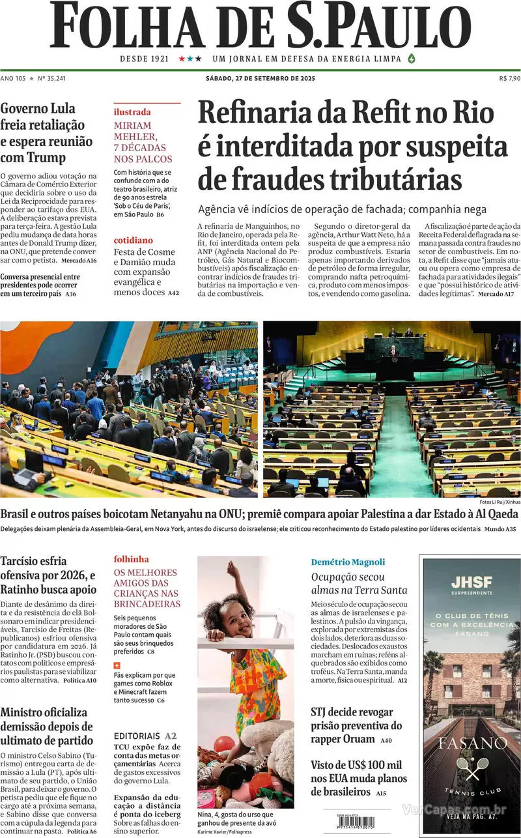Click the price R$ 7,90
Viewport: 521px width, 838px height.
[x=509, y=78]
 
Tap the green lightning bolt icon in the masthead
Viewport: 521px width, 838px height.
[x=411, y=59]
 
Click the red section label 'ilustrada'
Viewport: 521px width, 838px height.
[x=132, y=112]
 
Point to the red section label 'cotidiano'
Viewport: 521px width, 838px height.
[x=134, y=240]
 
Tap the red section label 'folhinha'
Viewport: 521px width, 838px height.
[x=132, y=559]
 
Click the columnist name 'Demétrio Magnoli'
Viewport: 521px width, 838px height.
[x=348, y=562]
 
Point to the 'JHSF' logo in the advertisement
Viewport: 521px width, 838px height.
[x=471, y=582]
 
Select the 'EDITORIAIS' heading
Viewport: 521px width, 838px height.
[x=137, y=736]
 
